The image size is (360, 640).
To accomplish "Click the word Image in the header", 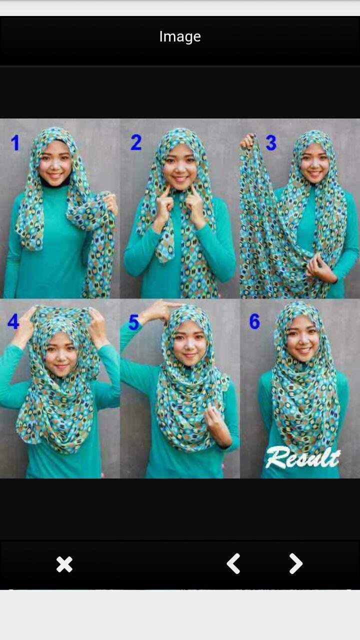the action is point(180,37).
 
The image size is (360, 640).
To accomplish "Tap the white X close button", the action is point(64,564).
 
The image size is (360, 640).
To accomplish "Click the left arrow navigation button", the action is point(233,563).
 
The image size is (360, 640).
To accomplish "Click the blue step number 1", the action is point(15,142).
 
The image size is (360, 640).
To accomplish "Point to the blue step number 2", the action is point(136,142).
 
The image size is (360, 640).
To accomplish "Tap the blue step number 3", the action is point(271,142).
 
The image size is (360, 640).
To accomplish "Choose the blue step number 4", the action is point(13,321).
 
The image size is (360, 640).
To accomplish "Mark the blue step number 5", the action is point(133,322).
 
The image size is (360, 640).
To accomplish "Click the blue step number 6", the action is point(254,321).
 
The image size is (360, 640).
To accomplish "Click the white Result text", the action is point(303,457).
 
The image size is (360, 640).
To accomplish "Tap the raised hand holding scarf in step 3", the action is point(247,141).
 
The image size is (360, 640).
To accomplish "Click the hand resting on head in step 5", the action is point(160,311).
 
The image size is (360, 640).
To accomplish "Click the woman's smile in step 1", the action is point(55,175).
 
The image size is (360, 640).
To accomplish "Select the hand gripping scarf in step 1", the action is point(110,203).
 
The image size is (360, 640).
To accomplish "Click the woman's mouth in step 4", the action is point(61,366).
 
